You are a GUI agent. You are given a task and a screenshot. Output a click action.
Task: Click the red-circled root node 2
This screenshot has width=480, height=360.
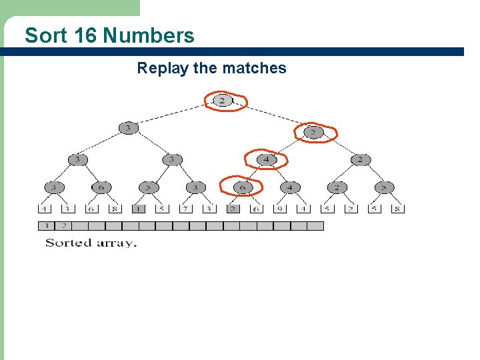(x=223, y=101)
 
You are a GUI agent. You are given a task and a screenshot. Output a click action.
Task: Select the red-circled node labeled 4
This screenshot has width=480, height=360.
(x=266, y=160)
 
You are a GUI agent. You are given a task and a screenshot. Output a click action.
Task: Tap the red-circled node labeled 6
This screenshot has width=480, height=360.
(x=243, y=187)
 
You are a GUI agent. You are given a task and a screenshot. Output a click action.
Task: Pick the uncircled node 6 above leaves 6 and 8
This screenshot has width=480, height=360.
(x=101, y=187)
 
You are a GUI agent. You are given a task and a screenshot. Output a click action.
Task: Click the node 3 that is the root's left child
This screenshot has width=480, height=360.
(x=127, y=127)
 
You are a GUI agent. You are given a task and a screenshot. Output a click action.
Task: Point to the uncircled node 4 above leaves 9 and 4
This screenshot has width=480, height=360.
(x=289, y=187)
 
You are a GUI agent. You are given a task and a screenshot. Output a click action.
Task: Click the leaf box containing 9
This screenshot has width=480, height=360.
(x=279, y=208)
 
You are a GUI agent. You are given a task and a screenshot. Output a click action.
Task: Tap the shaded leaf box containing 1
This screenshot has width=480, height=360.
(x=137, y=208)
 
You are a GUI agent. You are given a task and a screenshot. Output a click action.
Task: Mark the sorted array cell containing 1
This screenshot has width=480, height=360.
(x=48, y=226)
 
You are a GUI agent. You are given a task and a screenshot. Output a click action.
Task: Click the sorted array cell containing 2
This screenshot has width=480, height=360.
(x=65, y=226)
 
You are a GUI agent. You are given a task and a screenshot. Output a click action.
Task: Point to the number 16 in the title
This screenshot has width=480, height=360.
(x=86, y=35)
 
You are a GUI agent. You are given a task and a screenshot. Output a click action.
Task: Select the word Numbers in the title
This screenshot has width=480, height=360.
(x=149, y=35)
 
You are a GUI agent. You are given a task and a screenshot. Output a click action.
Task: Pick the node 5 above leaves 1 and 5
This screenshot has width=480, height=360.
(x=148, y=187)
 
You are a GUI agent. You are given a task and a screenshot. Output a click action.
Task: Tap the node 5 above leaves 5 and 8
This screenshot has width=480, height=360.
(x=384, y=187)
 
